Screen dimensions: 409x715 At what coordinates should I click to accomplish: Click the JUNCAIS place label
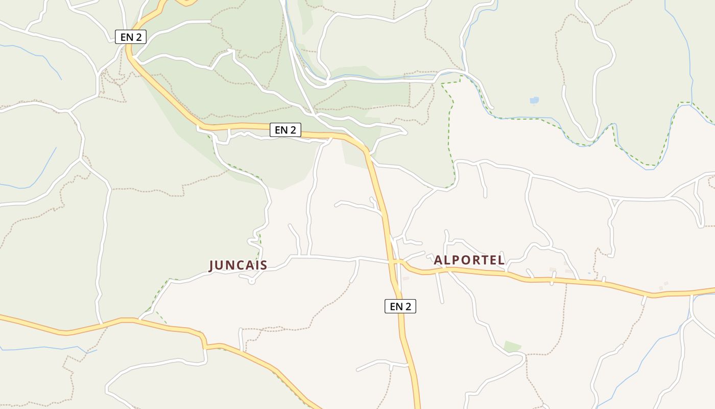coord(238,265)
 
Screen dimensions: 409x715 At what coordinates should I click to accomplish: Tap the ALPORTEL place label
coord(469,260)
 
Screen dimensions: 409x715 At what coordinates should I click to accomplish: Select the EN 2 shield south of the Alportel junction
coord(400,306)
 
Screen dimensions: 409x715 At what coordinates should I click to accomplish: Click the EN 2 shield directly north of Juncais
coord(285,130)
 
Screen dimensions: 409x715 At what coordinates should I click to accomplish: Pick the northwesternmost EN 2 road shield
coord(131,37)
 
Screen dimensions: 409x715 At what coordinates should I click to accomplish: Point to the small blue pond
coord(534,100)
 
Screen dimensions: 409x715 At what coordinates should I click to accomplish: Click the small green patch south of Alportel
coord(512,347)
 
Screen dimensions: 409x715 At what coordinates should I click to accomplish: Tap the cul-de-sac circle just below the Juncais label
coord(251,281)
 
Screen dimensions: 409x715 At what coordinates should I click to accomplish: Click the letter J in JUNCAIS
coord(212,265)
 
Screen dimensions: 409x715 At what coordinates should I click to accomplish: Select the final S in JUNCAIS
coord(264,265)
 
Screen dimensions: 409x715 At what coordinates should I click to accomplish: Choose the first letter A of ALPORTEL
coord(438,260)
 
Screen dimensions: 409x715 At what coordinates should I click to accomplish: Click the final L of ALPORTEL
coord(502,260)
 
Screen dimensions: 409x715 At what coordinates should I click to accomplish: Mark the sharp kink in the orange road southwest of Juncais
coord(204,342)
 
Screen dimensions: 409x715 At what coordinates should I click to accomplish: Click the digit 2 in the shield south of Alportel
coord(408,306)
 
